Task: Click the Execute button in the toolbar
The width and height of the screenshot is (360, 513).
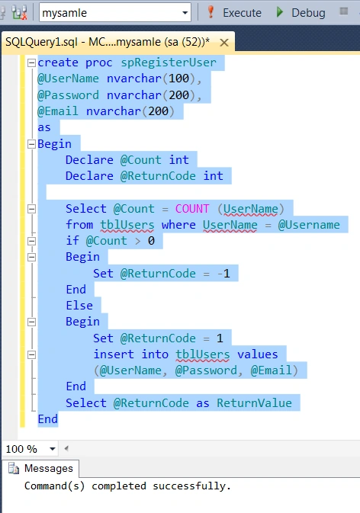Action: [235, 12]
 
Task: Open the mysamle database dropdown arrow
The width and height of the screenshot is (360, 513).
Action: [185, 13]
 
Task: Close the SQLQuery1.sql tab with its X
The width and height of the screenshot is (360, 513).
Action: [224, 43]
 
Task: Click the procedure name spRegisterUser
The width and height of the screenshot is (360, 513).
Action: [169, 63]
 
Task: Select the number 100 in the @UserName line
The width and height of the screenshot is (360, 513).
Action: [178, 79]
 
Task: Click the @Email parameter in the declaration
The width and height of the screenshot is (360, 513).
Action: [58, 111]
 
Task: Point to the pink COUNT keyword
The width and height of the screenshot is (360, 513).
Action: [192, 209]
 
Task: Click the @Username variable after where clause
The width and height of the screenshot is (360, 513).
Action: [309, 225]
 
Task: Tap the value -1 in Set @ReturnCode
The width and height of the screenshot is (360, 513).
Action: [224, 274]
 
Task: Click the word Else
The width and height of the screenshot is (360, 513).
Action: [79, 306]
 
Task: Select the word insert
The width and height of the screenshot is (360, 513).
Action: [114, 354]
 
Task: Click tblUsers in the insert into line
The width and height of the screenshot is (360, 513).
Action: [203, 354]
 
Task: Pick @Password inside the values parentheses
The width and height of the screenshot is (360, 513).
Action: [206, 370]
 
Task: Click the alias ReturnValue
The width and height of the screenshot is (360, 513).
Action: [254, 403]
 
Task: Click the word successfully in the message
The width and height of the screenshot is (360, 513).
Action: [191, 486]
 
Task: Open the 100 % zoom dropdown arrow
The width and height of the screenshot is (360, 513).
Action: [52, 449]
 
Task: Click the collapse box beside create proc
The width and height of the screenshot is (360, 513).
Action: [31, 63]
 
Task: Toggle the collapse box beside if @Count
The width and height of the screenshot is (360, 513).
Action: [31, 241]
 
